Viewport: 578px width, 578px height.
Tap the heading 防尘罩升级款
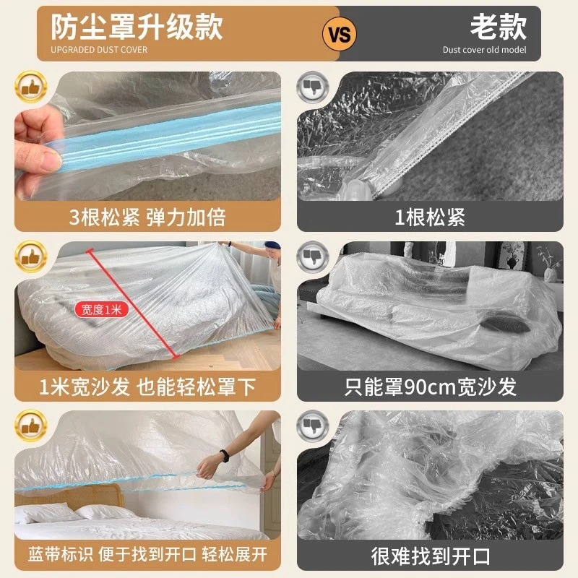pos(137,27)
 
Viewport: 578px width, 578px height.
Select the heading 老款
pos(499,27)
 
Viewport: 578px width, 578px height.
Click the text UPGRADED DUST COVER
pos(99,50)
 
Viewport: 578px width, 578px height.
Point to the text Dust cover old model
pos(485,50)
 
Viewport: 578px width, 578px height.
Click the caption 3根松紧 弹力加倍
pos(145,215)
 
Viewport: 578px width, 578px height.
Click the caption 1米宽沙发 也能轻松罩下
pos(145,386)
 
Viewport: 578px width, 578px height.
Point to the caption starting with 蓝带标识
pos(145,556)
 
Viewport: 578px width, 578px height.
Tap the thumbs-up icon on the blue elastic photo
pos(27,88)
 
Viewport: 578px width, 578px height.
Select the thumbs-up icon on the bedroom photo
pos(27,428)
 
